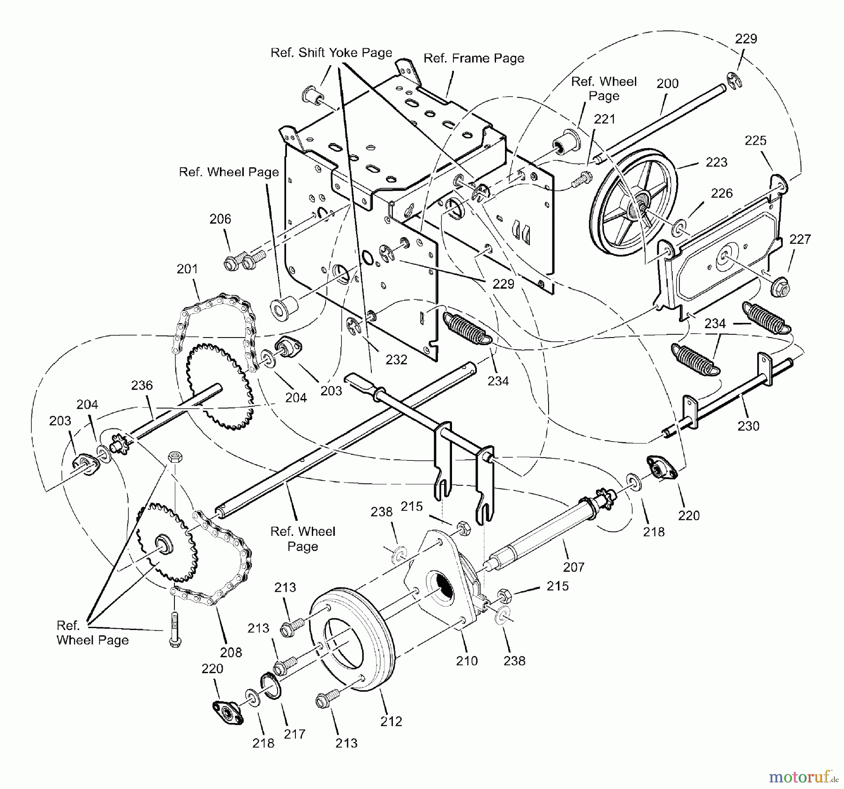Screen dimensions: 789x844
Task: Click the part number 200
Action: click(667, 83)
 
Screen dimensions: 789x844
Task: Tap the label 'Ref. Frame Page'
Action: click(474, 58)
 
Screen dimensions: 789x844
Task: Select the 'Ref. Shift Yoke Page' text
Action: click(331, 53)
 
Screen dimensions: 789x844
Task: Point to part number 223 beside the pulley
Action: click(716, 162)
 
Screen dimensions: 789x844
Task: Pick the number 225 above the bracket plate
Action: click(755, 140)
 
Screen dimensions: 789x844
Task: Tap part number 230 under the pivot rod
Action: click(748, 426)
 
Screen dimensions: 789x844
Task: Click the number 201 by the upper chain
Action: click(187, 269)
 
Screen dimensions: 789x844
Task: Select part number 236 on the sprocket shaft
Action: click(142, 385)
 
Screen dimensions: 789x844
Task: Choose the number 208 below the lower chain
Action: click(231, 652)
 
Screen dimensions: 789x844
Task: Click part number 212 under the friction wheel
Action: click(391, 721)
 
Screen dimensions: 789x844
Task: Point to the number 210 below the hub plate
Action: click(467, 661)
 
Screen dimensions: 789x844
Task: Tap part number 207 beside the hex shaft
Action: click(573, 567)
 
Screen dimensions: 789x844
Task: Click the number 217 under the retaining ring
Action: click(294, 734)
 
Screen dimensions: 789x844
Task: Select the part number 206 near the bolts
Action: click(220, 219)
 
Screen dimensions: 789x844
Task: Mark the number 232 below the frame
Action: click(396, 360)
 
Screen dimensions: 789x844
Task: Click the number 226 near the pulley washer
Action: click(722, 193)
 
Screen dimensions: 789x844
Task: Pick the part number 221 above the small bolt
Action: click(604, 120)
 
